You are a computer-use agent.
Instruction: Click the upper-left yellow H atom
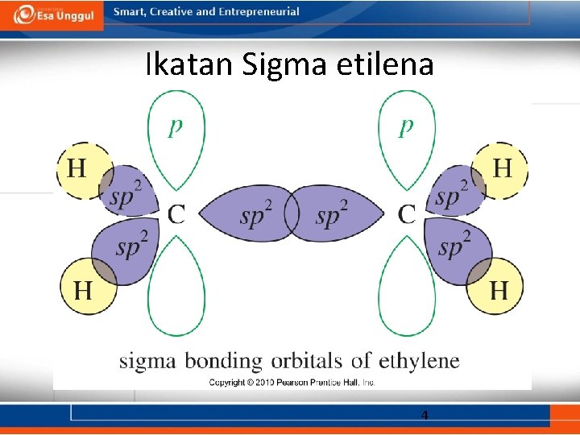point(77,169)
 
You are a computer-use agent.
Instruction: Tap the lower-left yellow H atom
point(83,288)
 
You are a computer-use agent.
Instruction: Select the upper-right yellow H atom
point(501,169)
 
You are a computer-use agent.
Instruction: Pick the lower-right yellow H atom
point(498,288)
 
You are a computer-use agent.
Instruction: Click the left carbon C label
point(176,214)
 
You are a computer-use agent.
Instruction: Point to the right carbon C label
point(408,214)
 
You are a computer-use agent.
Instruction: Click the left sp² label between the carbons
point(256,215)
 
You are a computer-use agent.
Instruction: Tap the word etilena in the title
point(391,64)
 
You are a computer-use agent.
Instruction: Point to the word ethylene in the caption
point(417,360)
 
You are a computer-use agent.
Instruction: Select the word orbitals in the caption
point(306,360)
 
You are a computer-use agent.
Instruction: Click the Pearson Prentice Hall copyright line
point(292,382)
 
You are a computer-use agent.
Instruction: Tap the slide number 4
point(425,416)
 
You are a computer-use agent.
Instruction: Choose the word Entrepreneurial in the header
point(258,12)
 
